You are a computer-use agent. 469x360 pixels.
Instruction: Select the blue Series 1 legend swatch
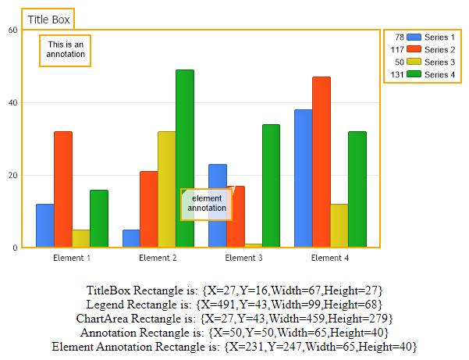pyautogui.click(x=414, y=37)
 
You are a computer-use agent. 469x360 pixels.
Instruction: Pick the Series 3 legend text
pyautogui.click(x=439, y=62)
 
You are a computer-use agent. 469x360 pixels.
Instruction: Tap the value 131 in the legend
pyautogui.click(x=396, y=75)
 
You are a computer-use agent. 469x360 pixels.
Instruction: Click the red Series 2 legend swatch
pyautogui.click(x=414, y=50)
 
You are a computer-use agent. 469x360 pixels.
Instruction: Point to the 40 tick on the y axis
pyautogui.click(x=12, y=103)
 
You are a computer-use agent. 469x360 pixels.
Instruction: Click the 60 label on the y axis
pyautogui.click(x=12, y=30)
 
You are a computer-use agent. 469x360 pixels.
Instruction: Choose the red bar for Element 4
pyautogui.click(x=322, y=156)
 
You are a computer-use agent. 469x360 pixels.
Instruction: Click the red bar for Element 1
pyautogui.click(x=63, y=187)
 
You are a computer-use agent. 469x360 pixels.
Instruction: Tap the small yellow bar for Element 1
pyautogui.click(x=81, y=239)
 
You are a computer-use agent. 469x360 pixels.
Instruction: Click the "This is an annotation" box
pyautogui.click(x=65, y=50)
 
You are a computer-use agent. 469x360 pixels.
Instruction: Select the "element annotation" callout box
pyautogui.click(x=206, y=205)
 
